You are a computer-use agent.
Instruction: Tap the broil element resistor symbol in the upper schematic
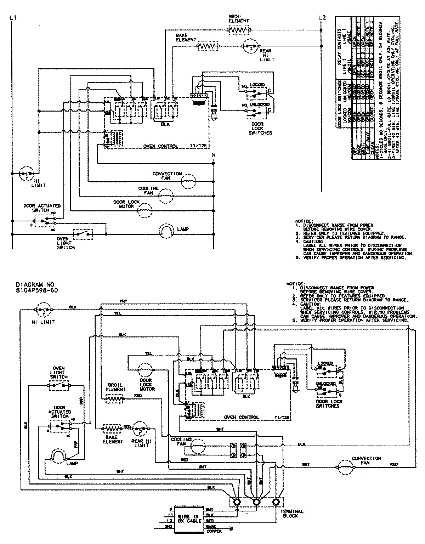(x=239, y=30)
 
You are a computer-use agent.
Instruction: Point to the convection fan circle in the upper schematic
(x=188, y=182)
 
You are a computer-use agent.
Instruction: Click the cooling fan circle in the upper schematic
(x=165, y=195)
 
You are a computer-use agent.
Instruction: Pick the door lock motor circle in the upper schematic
(x=144, y=211)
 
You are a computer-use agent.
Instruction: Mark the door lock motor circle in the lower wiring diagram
(x=145, y=370)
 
